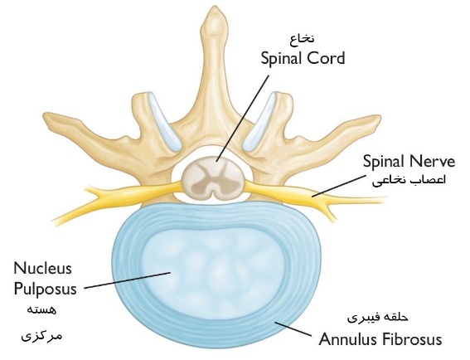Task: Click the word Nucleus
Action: click(x=42, y=268)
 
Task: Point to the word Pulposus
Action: click(x=46, y=289)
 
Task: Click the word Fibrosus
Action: click(x=411, y=339)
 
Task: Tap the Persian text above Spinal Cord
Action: click(x=302, y=39)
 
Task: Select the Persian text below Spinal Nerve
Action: click(x=409, y=180)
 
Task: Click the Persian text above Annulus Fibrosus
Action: click(x=378, y=318)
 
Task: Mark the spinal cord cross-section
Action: click(x=212, y=178)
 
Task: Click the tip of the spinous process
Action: click(x=215, y=8)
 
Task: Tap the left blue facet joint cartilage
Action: click(x=165, y=121)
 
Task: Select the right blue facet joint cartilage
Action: click(x=259, y=121)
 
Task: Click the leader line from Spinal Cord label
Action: click(x=242, y=118)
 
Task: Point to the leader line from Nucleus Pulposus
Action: click(x=128, y=280)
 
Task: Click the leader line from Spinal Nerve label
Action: click(x=339, y=186)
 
